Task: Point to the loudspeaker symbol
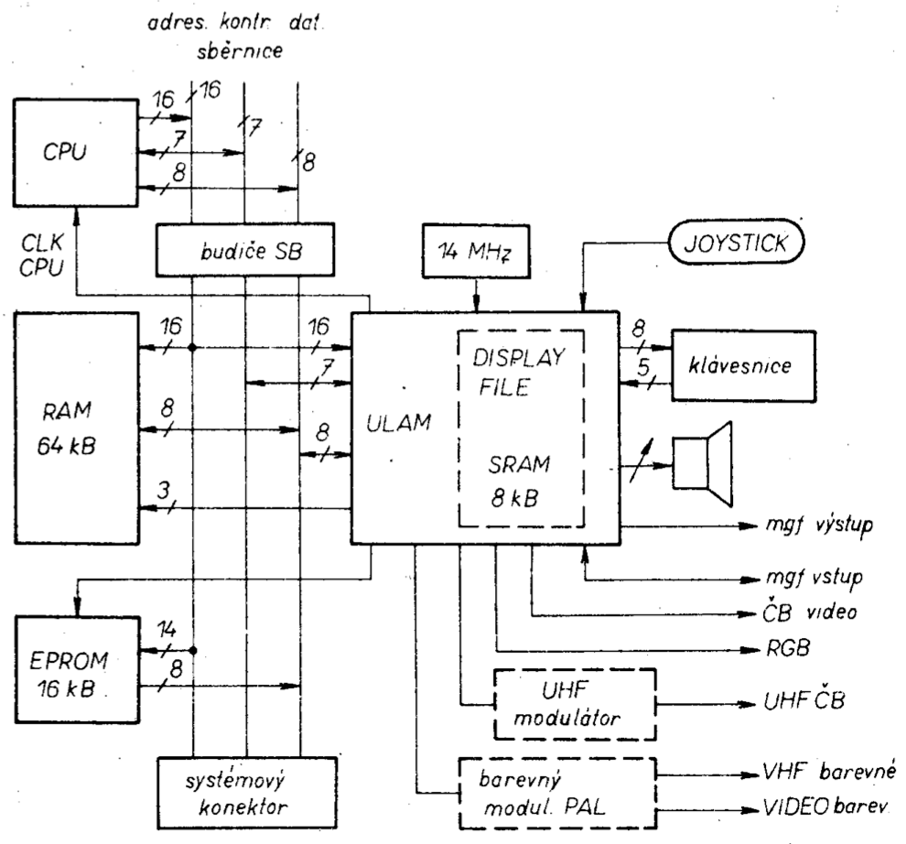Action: [x=705, y=462]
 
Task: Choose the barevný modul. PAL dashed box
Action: [x=558, y=787]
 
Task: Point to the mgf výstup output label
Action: [x=820, y=528]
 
